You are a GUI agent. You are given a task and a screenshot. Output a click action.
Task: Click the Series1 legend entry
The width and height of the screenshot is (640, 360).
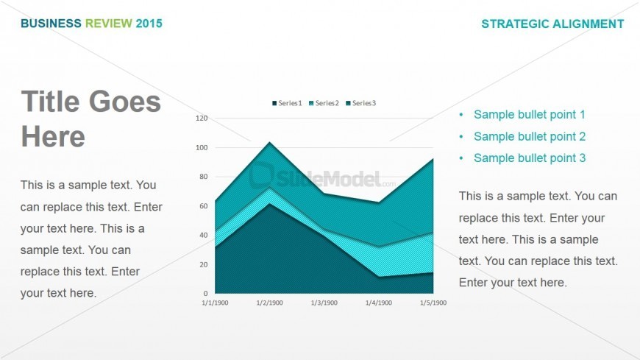287,103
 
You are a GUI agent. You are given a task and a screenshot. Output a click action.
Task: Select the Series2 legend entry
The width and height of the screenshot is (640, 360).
324,103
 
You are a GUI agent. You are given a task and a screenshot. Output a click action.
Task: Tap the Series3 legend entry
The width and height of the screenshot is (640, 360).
360,103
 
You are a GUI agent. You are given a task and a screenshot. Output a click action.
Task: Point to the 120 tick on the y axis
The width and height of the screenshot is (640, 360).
202,118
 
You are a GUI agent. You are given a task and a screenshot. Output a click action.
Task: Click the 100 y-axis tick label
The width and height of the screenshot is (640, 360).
202,147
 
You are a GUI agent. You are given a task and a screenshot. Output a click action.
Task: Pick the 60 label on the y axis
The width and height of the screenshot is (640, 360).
203,206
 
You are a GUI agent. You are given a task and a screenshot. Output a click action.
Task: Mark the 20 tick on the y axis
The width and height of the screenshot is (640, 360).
203,264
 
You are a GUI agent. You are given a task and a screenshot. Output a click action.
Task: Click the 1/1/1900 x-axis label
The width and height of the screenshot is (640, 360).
215,303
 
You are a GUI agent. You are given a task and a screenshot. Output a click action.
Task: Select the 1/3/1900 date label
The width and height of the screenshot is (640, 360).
324,303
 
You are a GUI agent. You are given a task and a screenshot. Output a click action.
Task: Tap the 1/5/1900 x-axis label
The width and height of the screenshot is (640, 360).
433,303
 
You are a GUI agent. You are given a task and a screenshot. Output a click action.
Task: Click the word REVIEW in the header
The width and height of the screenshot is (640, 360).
109,24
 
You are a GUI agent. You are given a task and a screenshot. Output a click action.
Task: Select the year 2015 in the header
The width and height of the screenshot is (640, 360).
149,24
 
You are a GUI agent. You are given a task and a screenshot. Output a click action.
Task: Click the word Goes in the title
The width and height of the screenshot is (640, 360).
125,102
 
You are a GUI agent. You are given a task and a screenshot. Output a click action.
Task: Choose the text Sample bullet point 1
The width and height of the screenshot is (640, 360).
530,114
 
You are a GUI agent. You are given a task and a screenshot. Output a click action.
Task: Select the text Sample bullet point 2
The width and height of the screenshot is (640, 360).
530,136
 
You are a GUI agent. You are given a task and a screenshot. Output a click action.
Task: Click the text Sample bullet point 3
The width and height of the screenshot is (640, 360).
530,158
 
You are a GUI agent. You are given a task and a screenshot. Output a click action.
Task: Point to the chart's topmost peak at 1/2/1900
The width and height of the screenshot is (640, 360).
269,142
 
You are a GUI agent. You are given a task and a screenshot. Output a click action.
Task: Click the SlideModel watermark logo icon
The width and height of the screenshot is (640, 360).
261,175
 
